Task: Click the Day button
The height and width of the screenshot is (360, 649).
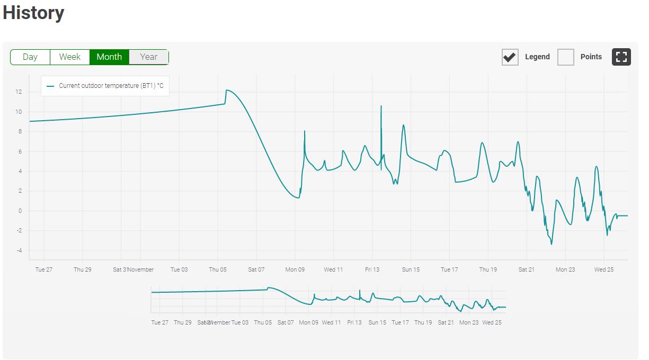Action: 30,57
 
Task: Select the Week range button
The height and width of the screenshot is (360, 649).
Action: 70,57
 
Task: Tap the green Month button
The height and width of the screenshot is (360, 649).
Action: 109,57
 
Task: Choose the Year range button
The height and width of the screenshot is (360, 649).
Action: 149,57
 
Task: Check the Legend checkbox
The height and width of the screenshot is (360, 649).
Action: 510,57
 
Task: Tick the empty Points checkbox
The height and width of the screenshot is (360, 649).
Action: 566,57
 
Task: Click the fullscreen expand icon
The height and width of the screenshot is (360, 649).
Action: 621,57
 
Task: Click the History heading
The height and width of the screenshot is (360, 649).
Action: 33,13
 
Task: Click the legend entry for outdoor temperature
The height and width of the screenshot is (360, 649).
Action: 105,86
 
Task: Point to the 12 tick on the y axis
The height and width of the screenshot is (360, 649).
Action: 19,92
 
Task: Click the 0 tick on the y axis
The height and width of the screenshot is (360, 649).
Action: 20,211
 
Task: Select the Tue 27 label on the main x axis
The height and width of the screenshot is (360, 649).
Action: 44,269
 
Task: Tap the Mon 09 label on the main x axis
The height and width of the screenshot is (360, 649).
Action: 295,269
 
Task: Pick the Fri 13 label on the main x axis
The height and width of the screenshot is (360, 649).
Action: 372,269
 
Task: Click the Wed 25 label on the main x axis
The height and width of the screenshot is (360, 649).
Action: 604,269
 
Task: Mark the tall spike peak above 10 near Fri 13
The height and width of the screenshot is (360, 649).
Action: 381,106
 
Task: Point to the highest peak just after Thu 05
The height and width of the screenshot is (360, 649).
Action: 227,91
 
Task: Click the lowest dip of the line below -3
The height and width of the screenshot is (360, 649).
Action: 552,244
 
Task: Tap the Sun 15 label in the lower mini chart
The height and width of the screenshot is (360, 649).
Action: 377,322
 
